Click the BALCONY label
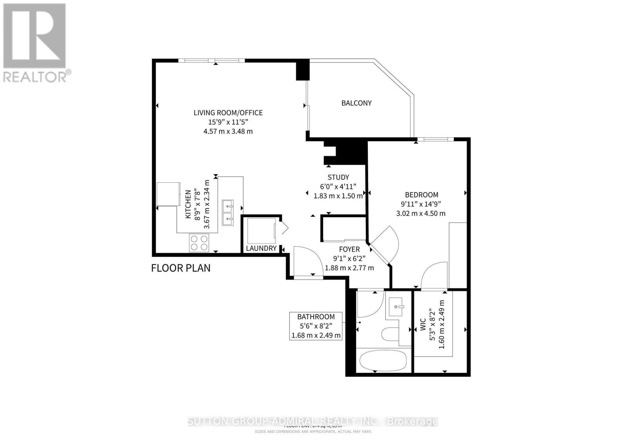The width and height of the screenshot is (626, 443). point(356,103)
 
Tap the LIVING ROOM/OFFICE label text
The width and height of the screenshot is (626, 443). point(228,113)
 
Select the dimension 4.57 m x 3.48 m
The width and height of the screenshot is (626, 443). point(228,131)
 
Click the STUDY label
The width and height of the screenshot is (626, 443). point(338,177)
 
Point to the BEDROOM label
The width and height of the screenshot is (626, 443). point(421,194)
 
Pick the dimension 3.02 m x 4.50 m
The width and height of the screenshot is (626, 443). point(421,213)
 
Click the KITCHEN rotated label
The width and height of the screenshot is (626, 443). point(188,204)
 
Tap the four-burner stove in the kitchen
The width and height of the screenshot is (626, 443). point(199,242)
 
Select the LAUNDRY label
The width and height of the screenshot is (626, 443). point(261,248)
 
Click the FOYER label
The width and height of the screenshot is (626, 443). point(349,249)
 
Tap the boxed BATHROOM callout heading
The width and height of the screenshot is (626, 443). point(316,317)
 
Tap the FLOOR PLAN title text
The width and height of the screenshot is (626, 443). point(181,268)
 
